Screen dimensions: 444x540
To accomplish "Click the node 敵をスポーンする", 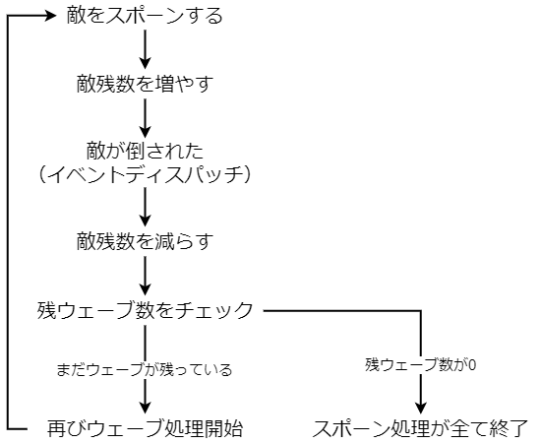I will pyautogui.click(x=147, y=17).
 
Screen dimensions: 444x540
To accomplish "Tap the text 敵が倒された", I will pyautogui.click(x=146, y=152).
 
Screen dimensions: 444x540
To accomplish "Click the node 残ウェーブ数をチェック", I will pyautogui.click(x=146, y=310).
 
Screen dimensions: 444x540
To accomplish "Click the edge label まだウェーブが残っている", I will pyautogui.click(x=145, y=370).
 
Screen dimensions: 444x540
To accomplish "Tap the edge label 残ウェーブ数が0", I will pyautogui.click(x=421, y=364).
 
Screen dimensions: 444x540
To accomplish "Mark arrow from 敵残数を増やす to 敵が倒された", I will pyautogui.click(x=146, y=117).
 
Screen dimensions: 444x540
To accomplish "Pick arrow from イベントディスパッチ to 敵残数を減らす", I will pyautogui.click(x=146, y=208).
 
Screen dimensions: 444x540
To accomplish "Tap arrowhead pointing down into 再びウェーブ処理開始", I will pyautogui.click(x=146, y=407).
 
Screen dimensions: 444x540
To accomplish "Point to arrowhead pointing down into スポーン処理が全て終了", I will pyautogui.click(x=421, y=407).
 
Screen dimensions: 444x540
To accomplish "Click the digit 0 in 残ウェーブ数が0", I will pyautogui.click(x=472, y=364).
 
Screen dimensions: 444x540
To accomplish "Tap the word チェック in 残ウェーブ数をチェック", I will pyautogui.click(x=223, y=310).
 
